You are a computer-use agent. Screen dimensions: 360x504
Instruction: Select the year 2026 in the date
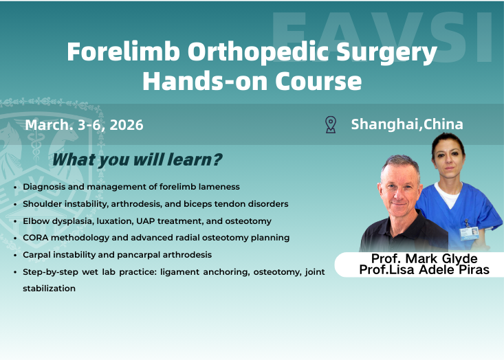point(126,125)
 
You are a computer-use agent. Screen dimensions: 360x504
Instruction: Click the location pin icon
point(331,124)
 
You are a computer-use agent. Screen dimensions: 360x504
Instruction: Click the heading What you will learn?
point(137,160)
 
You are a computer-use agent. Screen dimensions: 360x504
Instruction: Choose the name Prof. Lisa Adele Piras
point(424,270)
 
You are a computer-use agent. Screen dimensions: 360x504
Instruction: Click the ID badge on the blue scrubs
point(469,232)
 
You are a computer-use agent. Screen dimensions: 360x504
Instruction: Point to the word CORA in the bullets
point(36,238)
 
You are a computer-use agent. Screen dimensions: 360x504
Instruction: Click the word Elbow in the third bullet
point(36,221)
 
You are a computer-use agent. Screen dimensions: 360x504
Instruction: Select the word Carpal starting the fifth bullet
point(38,255)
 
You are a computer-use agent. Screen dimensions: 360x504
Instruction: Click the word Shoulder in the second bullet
point(43,204)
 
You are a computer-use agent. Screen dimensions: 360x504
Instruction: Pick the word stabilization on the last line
point(49,289)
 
